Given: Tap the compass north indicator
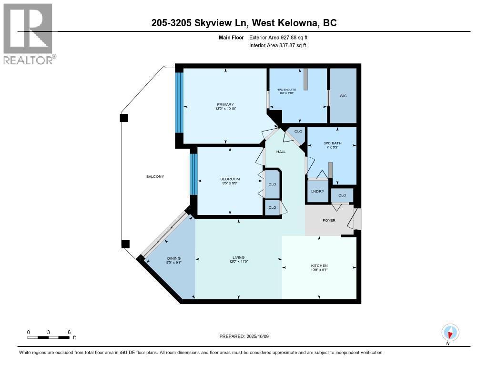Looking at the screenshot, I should tap(450, 333).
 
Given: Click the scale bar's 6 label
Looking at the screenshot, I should tap(69, 332).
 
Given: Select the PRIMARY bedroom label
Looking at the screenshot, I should tap(225, 104).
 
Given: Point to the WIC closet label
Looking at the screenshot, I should tap(343, 96).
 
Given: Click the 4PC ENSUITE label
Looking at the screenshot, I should tap(287, 89).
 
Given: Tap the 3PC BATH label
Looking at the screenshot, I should tap(332, 143).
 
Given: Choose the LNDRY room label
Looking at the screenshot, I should tap(317, 192).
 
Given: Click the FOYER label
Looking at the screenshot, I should tap(329, 220).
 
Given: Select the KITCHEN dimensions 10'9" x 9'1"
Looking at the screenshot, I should tap(319, 270).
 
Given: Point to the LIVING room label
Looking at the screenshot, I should tap(238, 258).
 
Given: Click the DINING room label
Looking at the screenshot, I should tap(173, 258).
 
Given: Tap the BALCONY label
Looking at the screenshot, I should tap(155, 176).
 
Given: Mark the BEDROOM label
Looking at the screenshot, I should tap(230, 179).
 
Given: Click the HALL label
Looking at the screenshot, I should tap(281, 152).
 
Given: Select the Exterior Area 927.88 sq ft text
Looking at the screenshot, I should tap(281, 37).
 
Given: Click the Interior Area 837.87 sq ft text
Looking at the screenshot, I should tap(277, 45).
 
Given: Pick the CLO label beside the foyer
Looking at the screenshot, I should tap(342, 195).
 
